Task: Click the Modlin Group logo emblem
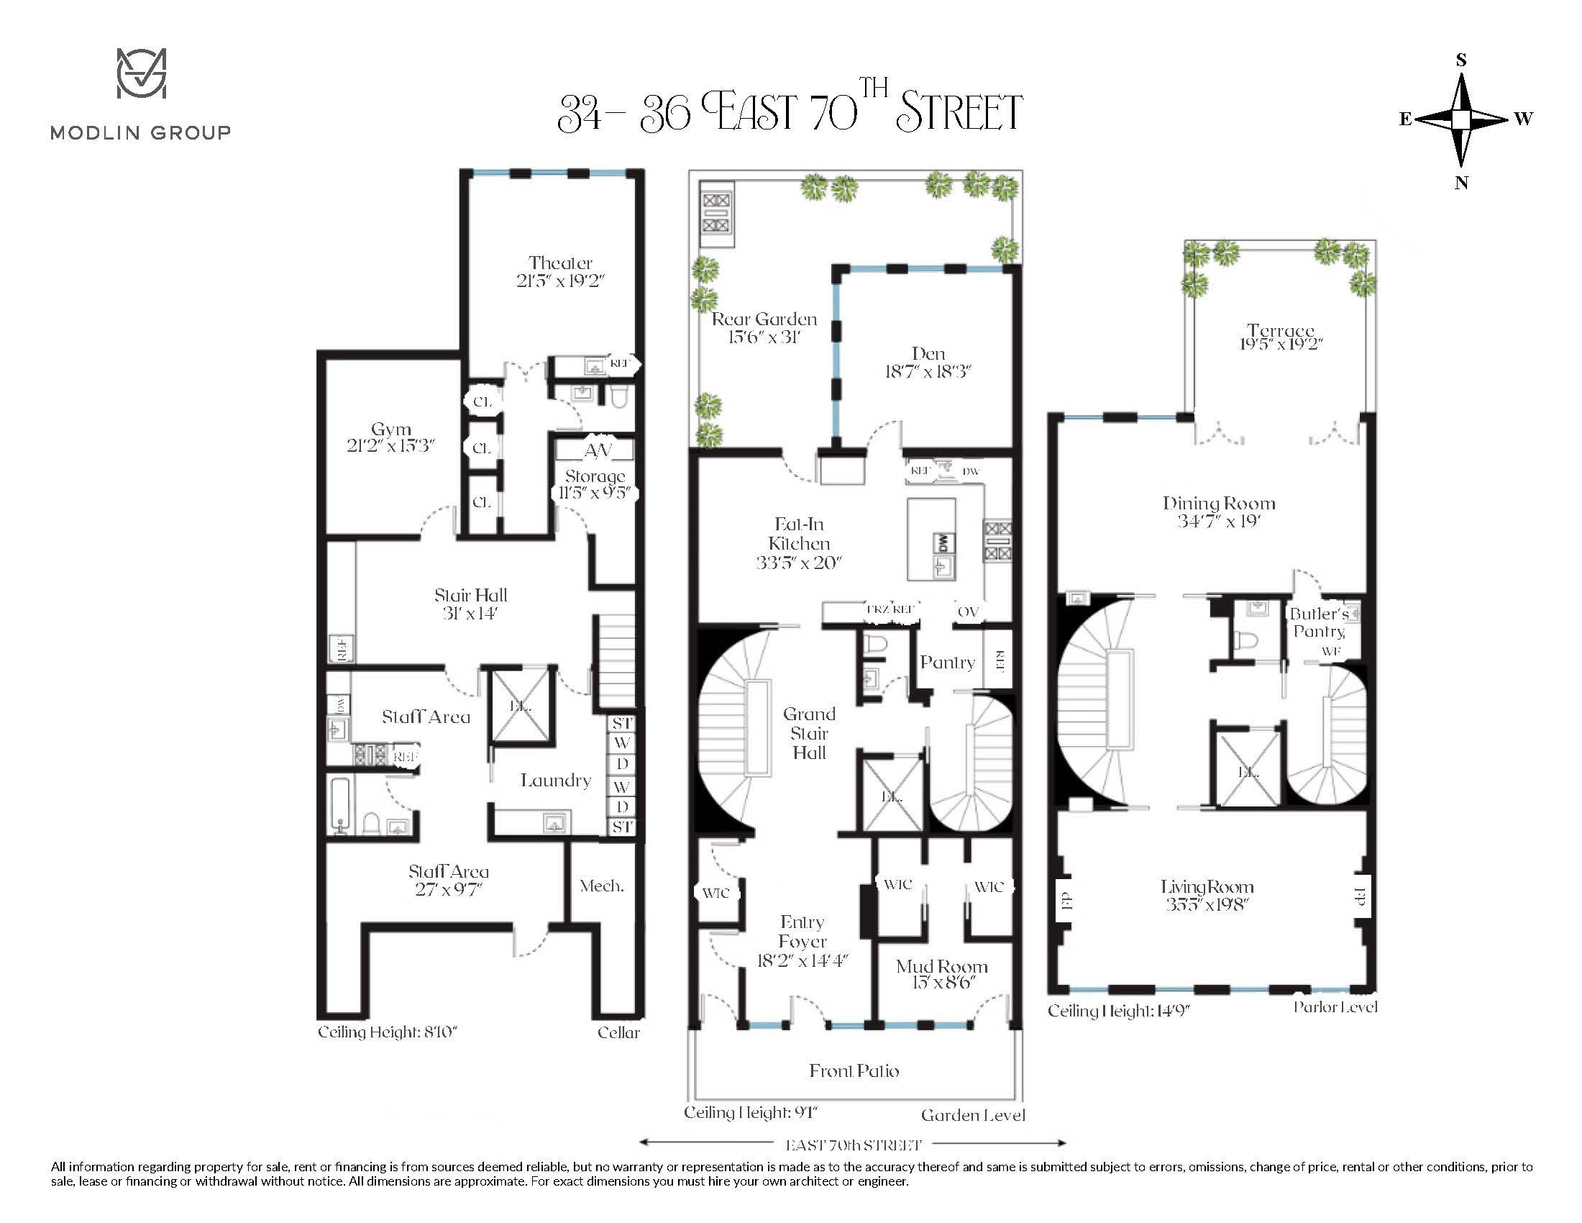click(x=141, y=73)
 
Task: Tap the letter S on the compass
click(x=1460, y=60)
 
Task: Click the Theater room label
click(x=560, y=263)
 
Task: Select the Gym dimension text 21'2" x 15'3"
click(x=390, y=446)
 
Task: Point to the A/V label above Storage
click(x=598, y=450)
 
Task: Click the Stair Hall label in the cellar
click(x=470, y=596)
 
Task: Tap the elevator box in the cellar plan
click(x=521, y=704)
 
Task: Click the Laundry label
click(x=556, y=781)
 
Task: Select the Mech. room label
click(x=601, y=886)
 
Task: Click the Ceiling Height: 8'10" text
click(x=388, y=1032)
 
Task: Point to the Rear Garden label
click(x=764, y=319)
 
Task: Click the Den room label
click(x=928, y=353)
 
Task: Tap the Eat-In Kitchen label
click(x=798, y=534)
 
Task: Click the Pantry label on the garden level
click(x=947, y=662)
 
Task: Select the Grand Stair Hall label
click(x=809, y=733)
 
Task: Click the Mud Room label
click(x=942, y=966)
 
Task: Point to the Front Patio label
click(x=854, y=1071)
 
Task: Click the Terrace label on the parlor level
click(x=1281, y=331)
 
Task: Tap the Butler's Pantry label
click(x=1318, y=622)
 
